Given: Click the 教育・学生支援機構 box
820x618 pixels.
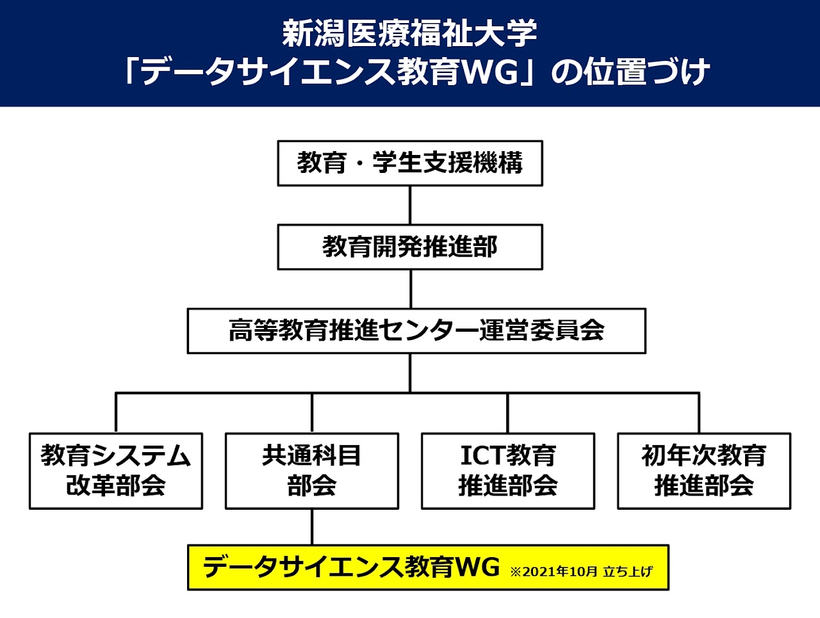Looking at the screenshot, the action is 410,163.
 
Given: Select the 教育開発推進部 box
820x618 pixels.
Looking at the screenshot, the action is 410,247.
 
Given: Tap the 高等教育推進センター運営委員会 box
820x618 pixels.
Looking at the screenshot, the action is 416,331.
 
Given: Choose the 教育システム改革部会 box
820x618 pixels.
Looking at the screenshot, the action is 116,471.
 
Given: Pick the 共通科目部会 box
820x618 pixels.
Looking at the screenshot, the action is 312,471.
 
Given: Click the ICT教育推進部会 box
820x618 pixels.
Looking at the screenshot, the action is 508,471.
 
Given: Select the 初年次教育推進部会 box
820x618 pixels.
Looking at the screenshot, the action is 704,471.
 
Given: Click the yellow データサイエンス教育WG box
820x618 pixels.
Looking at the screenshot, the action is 428,567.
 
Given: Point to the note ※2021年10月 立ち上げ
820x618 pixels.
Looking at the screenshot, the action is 581,572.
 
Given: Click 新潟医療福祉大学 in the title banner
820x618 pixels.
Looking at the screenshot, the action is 410,34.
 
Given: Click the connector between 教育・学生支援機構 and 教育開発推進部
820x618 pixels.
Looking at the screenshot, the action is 410,205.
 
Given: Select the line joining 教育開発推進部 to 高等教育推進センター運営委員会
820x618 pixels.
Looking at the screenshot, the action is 411,289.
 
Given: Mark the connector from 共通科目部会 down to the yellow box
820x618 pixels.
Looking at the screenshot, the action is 312,527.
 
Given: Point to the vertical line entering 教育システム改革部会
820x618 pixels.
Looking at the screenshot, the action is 116,412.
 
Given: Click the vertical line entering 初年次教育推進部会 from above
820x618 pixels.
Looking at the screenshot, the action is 698,412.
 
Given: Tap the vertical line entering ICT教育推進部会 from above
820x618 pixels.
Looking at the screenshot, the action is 507,412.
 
